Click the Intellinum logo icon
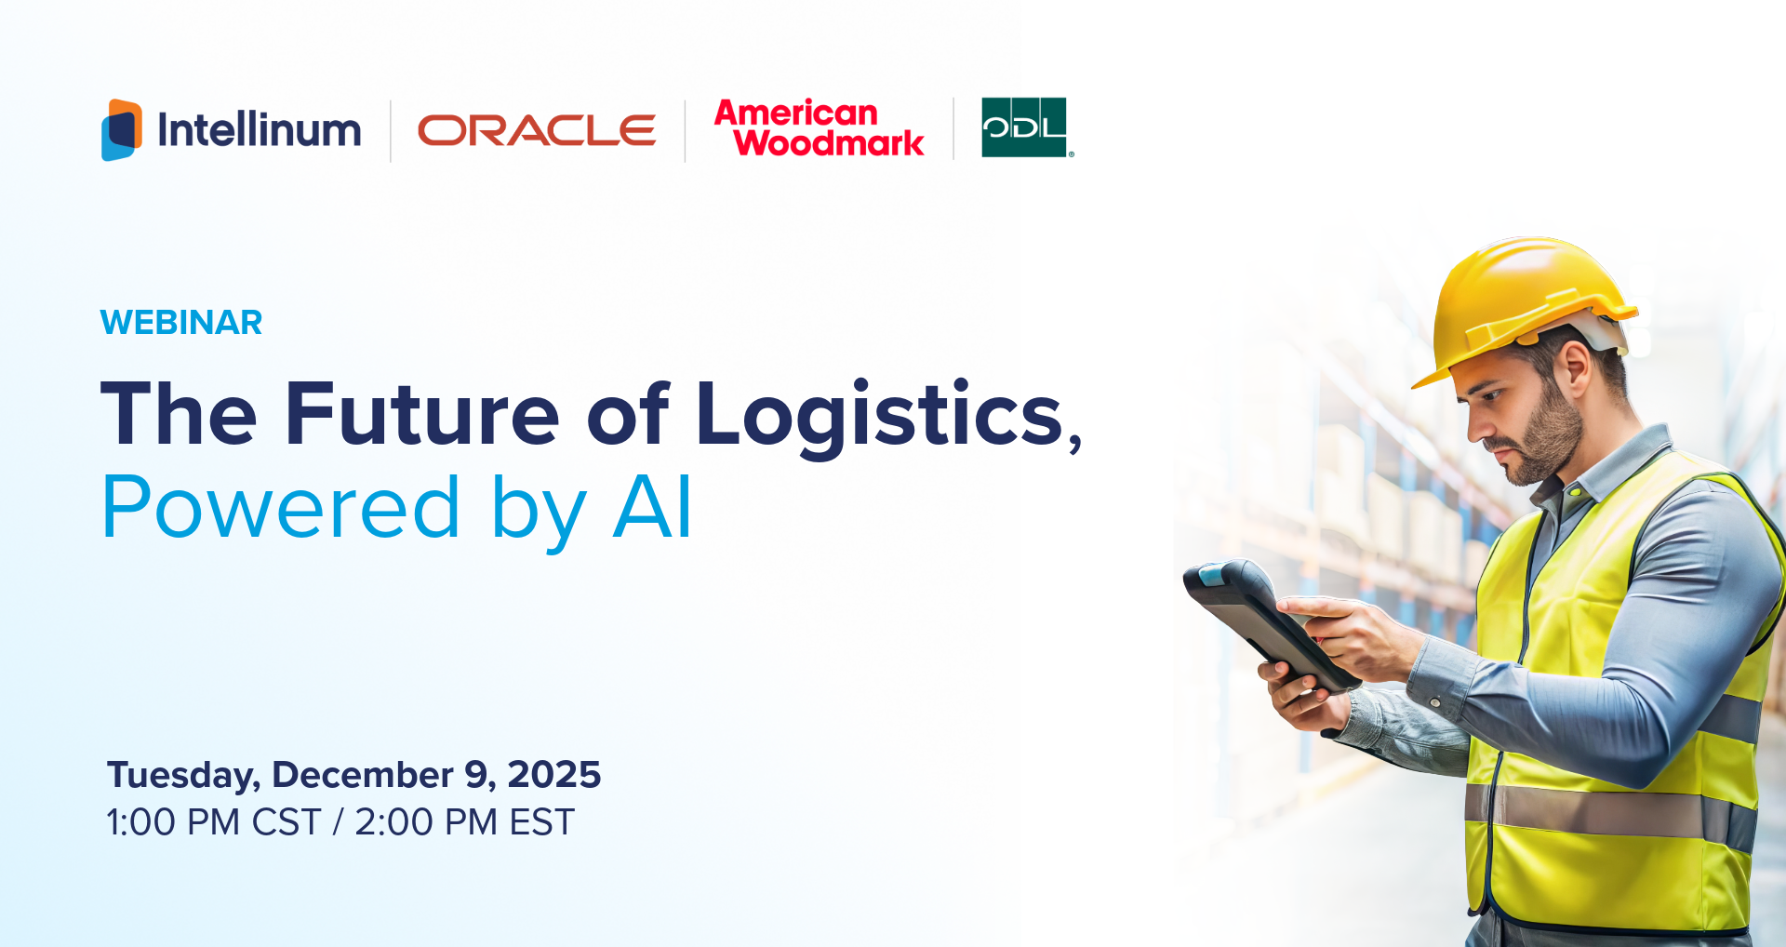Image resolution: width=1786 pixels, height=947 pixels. [x=122, y=129]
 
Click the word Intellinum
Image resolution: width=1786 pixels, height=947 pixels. [x=259, y=129]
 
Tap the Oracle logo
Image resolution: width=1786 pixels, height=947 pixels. [x=537, y=130]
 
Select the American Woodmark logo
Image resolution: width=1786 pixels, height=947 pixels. [x=819, y=128]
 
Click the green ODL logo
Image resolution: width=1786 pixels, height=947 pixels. [x=1024, y=127]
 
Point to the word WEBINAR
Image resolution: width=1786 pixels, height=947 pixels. [x=181, y=323]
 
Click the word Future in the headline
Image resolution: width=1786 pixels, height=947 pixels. [x=422, y=414]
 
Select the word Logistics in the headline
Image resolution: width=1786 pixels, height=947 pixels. [x=880, y=415]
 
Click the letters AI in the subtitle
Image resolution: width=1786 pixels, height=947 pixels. [x=653, y=508]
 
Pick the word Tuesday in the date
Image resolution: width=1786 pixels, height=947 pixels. [x=182, y=775]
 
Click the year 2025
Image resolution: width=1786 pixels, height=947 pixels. [x=554, y=775]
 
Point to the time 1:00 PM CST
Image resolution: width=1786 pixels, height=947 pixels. [x=214, y=822]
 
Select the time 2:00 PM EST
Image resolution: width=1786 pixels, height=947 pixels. [x=465, y=822]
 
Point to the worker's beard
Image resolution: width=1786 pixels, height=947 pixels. [x=1549, y=437]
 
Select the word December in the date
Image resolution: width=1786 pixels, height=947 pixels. [x=363, y=775]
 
